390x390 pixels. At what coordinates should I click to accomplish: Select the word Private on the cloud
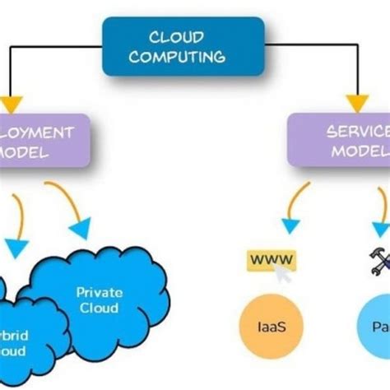[99, 292]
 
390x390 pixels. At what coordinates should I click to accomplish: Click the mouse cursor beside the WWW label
[286, 273]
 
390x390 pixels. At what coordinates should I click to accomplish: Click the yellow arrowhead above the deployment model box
[11, 104]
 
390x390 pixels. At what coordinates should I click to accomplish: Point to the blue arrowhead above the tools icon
[381, 230]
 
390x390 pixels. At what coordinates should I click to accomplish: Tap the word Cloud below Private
[99, 309]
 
